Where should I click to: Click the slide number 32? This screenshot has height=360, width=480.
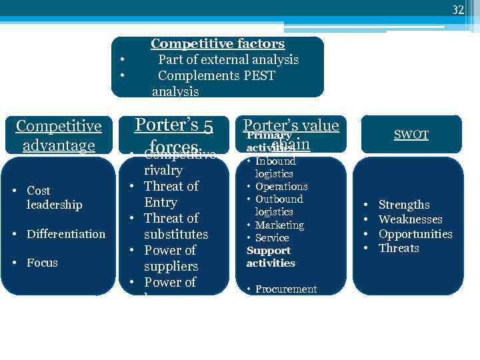(457, 9)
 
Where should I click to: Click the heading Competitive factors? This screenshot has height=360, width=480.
(217, 44)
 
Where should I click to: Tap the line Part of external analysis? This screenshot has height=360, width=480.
(228, 59)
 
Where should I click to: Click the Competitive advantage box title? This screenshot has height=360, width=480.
(58, 135)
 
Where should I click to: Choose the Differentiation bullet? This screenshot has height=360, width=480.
(65, 234)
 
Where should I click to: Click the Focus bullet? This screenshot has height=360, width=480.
(42, 263)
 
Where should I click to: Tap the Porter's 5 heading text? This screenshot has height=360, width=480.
(173, 125)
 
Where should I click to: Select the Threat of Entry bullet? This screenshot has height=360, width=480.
(171, 194)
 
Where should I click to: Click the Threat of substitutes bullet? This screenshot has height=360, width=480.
(175, 226)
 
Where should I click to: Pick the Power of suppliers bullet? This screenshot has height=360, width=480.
(171, 258)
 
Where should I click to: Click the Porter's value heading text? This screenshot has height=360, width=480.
(291, 125)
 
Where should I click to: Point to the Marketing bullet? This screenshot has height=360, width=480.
(279, 225)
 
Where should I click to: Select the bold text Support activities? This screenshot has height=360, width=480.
(271, 257)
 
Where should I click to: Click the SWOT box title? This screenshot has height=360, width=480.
(411, 135)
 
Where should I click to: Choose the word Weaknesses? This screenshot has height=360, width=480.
(410, 219)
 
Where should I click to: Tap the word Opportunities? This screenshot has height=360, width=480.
(415, 234)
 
